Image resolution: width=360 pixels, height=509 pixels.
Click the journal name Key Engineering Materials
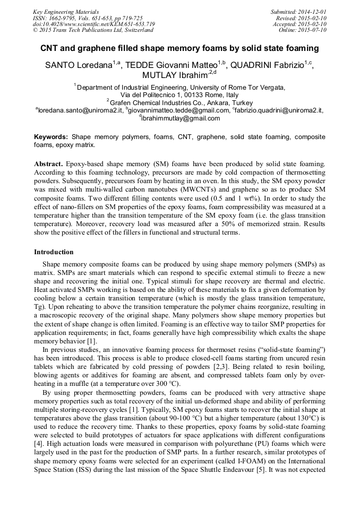click(65, 11)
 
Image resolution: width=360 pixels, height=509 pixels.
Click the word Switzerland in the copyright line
click(136, 30)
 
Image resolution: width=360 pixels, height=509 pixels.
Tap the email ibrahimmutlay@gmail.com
click(181, 118)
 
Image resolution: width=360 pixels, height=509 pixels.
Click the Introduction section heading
click(54, 252)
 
